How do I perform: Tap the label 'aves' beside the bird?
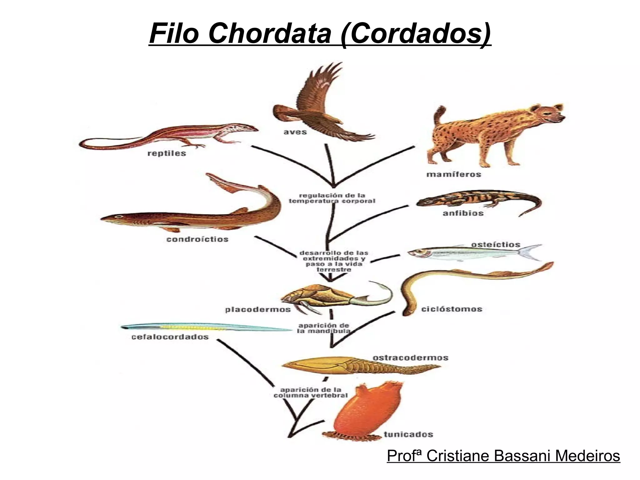click(295, 132)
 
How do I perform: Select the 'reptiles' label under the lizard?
click(167, 153)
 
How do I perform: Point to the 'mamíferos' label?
click(454, 174)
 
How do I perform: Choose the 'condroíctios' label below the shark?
click(197, 239)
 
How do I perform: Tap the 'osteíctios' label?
click(496, 244)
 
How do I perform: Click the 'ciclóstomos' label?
click(452, 309)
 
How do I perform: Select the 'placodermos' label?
click(258, 310)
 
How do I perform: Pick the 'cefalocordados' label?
click(170, 337)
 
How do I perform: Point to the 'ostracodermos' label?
click(410, 358)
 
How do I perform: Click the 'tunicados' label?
click(408, 434)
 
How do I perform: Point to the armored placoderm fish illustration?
click(316, 297)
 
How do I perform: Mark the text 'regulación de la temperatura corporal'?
click(332, 198)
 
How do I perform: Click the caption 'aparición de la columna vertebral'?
click(310, 392)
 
